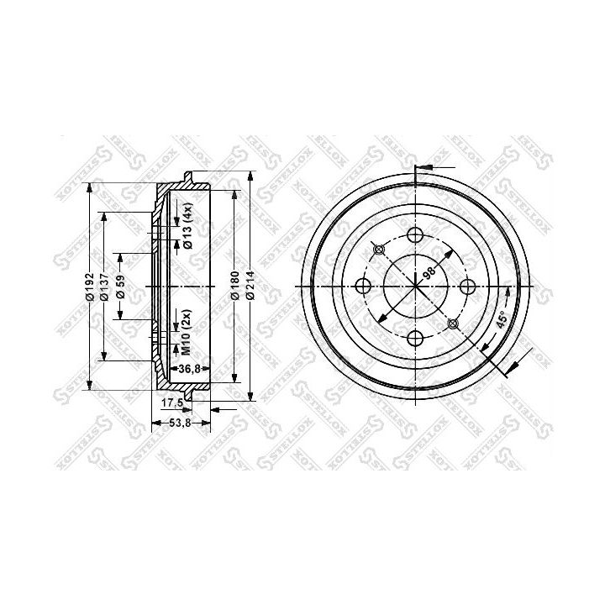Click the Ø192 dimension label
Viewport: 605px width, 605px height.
point(89,287)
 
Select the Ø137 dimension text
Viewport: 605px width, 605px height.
point(104,287)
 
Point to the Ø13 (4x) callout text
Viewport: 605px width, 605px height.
point(188,225)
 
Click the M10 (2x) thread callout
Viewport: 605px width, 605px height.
point(188,330)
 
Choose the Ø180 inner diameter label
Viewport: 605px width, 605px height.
point(236,286)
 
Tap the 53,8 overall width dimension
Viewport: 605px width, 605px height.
point(181,423)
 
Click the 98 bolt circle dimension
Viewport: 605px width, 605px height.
point(429,273)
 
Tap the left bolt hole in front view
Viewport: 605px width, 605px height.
point(364,286)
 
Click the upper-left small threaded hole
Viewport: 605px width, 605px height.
point(379,249)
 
